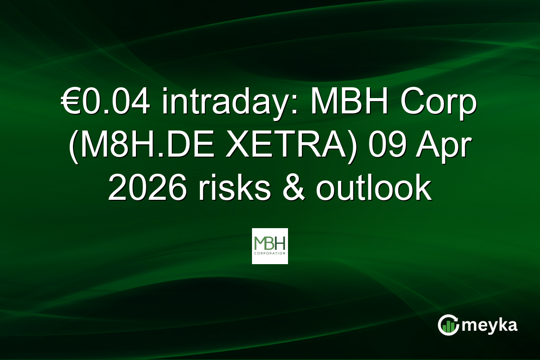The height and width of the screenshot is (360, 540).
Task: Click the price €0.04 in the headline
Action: point(108,104)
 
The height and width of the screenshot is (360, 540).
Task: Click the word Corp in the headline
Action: point(445,104)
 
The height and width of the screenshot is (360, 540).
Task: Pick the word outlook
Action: point(373,189)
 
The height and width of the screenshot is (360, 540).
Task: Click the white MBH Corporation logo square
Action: point(270,246)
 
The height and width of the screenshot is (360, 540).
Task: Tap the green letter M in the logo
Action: point(260,243)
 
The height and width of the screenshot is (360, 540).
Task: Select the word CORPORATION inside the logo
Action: point(270,253)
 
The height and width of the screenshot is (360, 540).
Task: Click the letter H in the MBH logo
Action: point(280,243)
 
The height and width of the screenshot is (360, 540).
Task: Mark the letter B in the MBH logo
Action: point(270,243)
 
